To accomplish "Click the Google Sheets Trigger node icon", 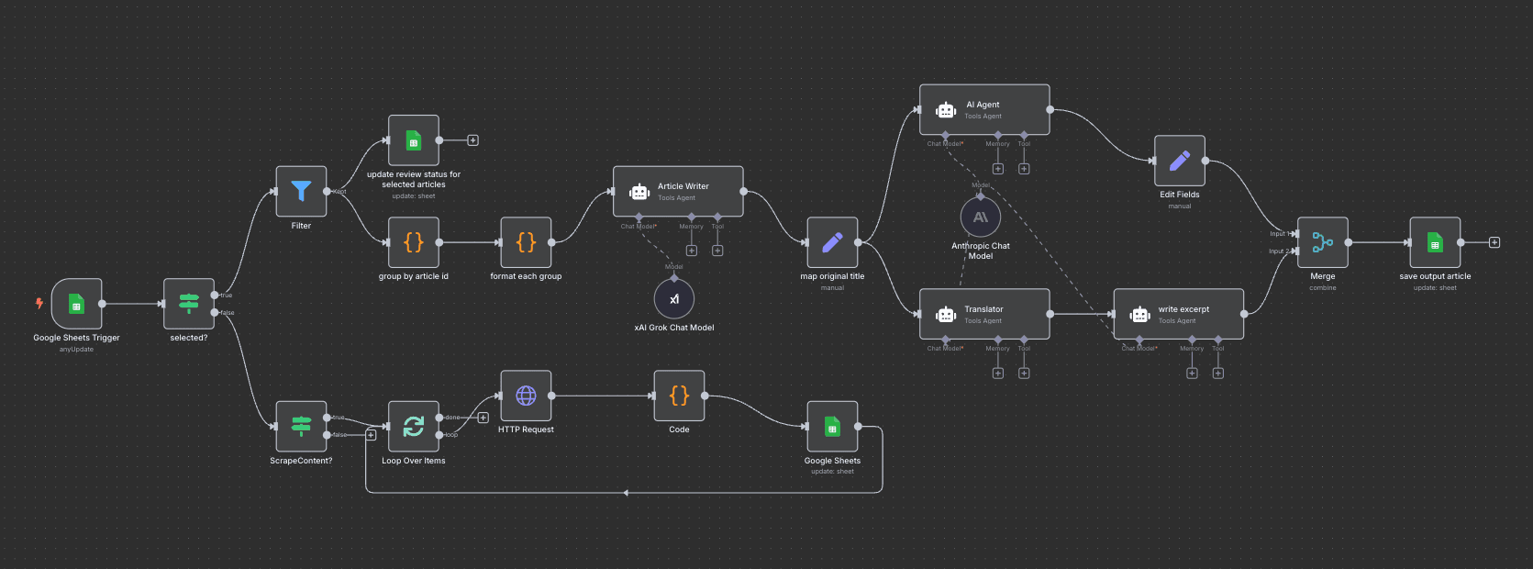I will [x=76, y=304].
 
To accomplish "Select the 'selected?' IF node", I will [x=189, y=304].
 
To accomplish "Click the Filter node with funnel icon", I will [x=301, y=191].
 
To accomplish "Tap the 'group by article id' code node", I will [x=414, y=242].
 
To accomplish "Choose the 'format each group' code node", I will [x=526, y=242].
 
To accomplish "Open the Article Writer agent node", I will [x=678, y=191].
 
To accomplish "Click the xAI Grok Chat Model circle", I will [x=674, y=299].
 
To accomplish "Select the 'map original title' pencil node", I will [x=832, y=242].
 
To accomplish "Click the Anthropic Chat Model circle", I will [x=980, y=218].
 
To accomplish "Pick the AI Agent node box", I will [x=984, y=109].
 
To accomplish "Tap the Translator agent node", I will [x=984, y=314].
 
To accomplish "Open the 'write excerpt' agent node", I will [x=1178, y=314].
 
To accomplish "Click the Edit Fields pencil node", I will [x=1180, y=161].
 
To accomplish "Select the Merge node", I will [x=1322, y=242].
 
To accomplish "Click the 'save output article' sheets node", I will [x=1435, y=242].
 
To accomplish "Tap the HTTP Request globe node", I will [x=526, y=396].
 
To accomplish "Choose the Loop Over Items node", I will [x=414, y=427].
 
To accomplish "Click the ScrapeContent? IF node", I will [x=301, y=427].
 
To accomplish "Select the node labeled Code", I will [x=679, y=396].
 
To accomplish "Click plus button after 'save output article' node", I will [x=1494, y=242].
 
